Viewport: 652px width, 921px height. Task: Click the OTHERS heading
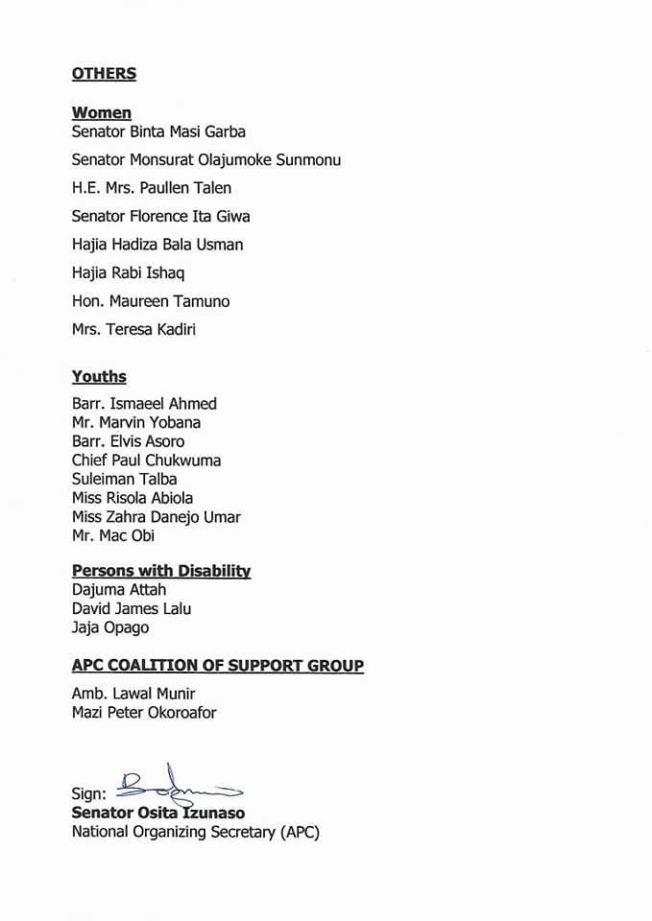pos(104,74)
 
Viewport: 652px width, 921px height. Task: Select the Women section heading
pos(102,113)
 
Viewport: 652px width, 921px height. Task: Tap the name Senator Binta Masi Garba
pos(158,131)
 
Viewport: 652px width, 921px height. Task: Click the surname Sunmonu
pos(308,160)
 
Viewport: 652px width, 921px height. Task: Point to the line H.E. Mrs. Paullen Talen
pos(152,188)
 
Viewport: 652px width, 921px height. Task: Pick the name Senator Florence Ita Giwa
pos(160,217)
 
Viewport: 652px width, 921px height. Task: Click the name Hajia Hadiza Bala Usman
pos(157,245)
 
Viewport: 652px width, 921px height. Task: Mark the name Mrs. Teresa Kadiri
pos(133,329)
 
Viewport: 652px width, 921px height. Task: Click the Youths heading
pos(99,377)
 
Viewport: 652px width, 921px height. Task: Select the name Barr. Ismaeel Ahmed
pos(144,404)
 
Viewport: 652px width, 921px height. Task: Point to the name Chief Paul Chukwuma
pos(146,460)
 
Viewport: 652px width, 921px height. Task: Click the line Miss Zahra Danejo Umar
pos(156,517)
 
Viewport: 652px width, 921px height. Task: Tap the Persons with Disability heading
pos(161,571)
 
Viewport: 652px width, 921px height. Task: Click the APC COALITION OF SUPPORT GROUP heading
pos(218,666)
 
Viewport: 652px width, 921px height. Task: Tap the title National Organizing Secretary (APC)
pos(195,833)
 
